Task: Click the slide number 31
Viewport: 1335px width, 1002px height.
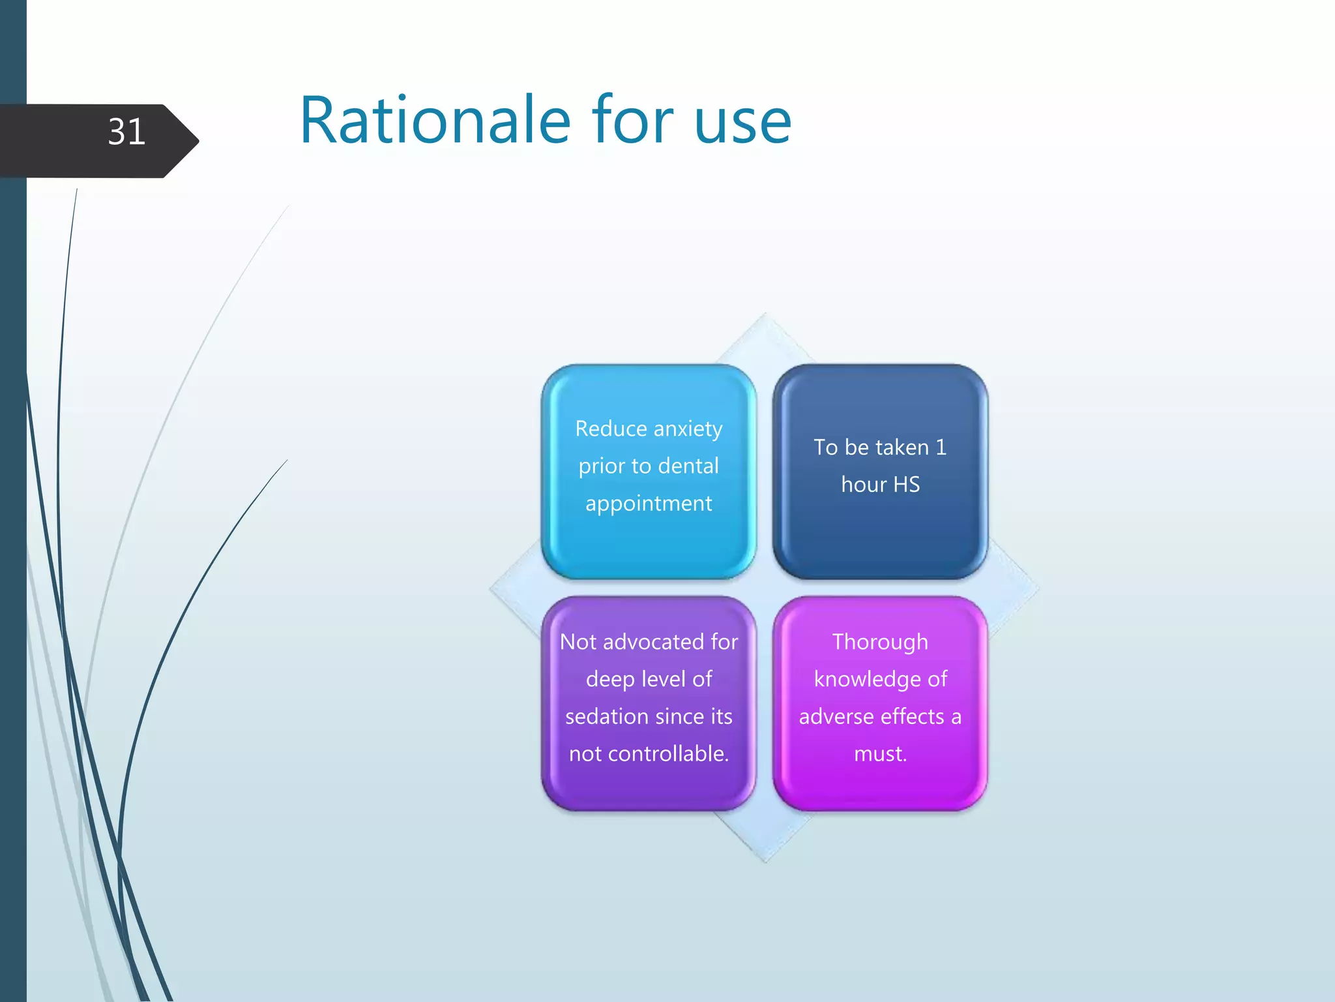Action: [x=126, y=132]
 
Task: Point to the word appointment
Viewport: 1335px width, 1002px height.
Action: [x=649, y=504]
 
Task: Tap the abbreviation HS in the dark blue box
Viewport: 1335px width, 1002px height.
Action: [x=906, y=485]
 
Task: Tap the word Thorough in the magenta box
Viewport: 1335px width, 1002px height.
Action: [x=880, y=642]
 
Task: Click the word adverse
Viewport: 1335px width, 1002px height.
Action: [x=835, y=716]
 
